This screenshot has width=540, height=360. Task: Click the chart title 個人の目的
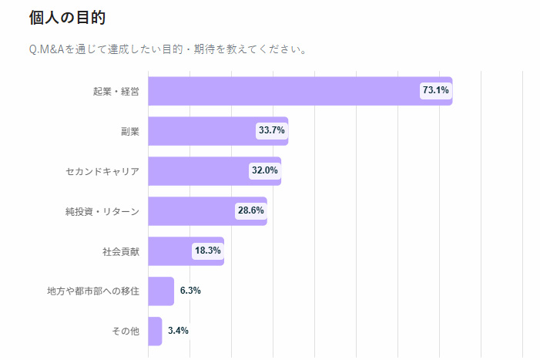(67, 17)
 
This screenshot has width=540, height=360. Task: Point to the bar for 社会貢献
(170, 251)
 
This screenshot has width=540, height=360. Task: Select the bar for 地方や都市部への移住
(161, 291)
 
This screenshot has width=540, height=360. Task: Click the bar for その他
(155, 331)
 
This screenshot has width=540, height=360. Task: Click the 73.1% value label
(435, 91)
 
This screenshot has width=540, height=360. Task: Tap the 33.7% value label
(271, 131)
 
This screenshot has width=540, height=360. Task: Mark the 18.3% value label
(207, 251)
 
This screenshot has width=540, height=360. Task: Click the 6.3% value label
(190, 291)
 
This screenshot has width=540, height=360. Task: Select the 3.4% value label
(178, 331)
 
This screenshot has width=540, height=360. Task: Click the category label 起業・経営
(116, 92)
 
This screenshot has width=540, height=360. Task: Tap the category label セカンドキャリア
(102, 171)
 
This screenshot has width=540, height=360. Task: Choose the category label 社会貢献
(121, 251)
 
